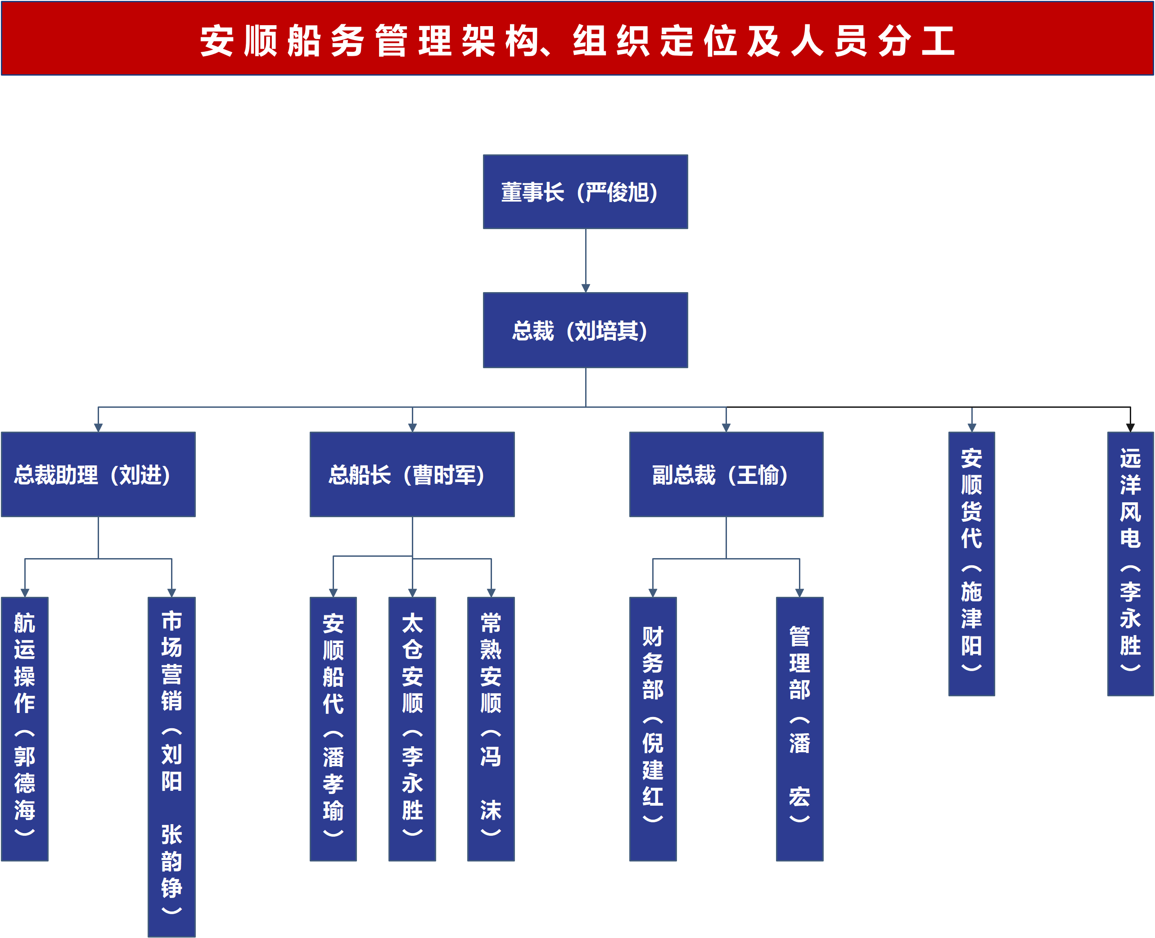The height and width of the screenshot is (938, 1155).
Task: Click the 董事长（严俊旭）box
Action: [x=585, y=192]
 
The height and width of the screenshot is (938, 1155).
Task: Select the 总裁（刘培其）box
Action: [x=585, y=330]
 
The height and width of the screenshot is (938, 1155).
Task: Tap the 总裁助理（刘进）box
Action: [x=98, y=474]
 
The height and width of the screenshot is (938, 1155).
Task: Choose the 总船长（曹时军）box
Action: [x=412, y=474]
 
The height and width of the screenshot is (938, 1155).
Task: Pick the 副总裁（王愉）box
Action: [x=726, y=474]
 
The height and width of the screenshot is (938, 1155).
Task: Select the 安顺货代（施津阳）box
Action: [x=971, y=564]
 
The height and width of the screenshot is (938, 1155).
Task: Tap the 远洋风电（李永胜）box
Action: [x=1130, y=564]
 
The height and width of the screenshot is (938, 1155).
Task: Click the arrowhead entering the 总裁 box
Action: [x=586, y=288]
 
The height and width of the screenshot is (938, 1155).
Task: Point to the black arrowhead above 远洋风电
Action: [x=1130, y=428]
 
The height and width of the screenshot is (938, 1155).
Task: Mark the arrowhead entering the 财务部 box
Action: [x=653, y=593]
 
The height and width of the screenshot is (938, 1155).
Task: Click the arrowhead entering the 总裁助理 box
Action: [x=98, y=428]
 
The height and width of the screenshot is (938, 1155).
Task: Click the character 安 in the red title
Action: [x=217, y=41]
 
